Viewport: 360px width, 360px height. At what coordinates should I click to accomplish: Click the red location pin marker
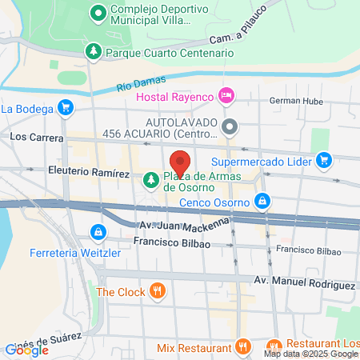[x=180, y=162]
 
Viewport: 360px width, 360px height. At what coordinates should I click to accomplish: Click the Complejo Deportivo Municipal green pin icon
[x=98, y=13]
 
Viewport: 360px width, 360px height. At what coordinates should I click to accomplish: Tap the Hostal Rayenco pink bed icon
[x=226, y=96]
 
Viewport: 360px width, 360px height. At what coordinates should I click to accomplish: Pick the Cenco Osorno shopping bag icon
[x=262, y=201]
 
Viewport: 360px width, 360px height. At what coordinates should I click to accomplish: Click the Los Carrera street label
[x=30, y=136]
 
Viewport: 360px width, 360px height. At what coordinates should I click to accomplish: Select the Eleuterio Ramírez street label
[x=89, y=172]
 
